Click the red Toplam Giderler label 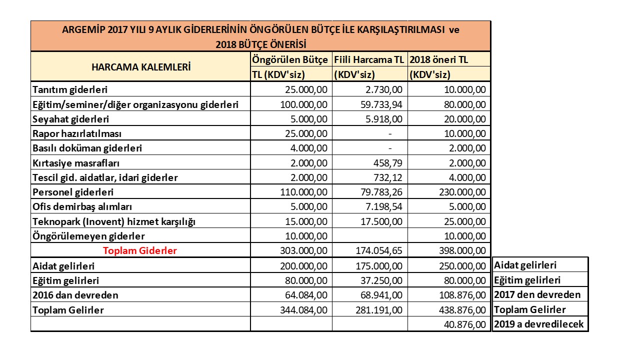[x=140, y=250]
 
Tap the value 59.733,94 [x=379, y=104]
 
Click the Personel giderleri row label [x=73, y=192]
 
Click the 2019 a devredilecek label [x=538, y=324]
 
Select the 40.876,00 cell [x=464, y=324]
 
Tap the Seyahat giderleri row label [x=71, y=119]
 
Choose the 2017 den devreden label [x=537, y=294]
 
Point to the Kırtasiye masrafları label [x=76, y=163]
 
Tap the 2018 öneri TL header [x=439, y=59]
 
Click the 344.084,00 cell [x=304, y=310]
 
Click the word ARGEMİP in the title [x=81, y=29]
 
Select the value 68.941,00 [x=379, y=295]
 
